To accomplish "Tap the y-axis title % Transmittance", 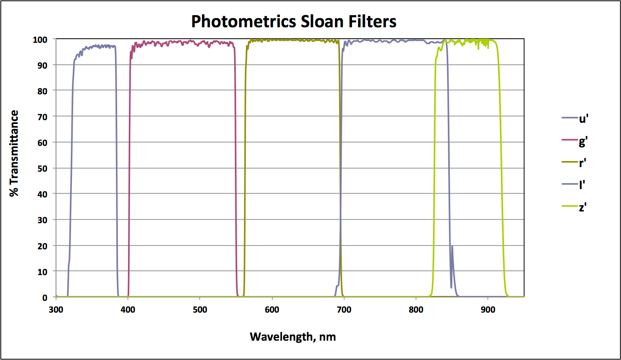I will pos(14,153).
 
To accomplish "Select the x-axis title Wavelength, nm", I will pos(293,337).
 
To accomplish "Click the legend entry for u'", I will pos(575,119).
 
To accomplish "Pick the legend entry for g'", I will pos(575,141).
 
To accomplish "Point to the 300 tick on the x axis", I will pos(56,310).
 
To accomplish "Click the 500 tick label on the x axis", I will pos(200,310).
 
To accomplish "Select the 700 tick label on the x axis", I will pos(344,310).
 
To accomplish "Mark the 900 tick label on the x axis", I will pos(488,310).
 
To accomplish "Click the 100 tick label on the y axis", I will pos(40,40).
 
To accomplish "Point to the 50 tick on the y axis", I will pos(42,169).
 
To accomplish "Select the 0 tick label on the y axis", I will pos(45,298).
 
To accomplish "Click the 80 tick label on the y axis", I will pos(42,91).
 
